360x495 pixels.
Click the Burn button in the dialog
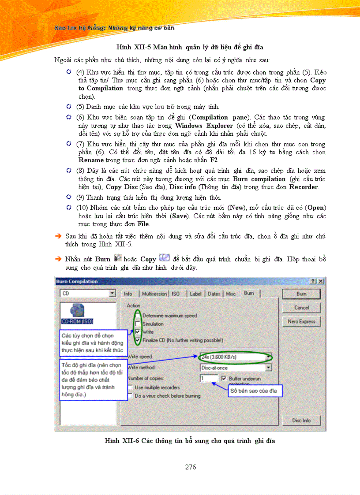point(301,294)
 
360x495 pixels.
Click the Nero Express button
point(301,321)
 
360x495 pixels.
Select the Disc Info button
point(301,421)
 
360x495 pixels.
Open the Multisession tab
point(154,294)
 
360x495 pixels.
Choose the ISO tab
point(176,294)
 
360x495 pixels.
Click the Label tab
point(195,294)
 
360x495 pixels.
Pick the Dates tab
point(214,294)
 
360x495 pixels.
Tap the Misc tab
point(231,294)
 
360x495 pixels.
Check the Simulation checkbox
point(138,324)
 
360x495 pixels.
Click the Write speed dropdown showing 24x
point(236,356)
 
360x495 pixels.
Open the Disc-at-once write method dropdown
point(236,367)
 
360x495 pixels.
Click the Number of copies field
point(208,378)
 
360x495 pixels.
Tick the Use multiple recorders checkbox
point(130,387)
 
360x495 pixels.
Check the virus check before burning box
point(130,396)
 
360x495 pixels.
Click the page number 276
point(191,467)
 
